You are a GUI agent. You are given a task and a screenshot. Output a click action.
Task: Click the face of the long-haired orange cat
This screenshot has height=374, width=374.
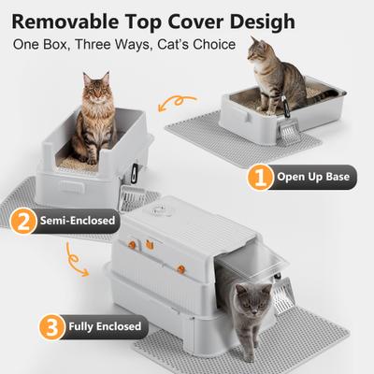(x=95, y=96)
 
